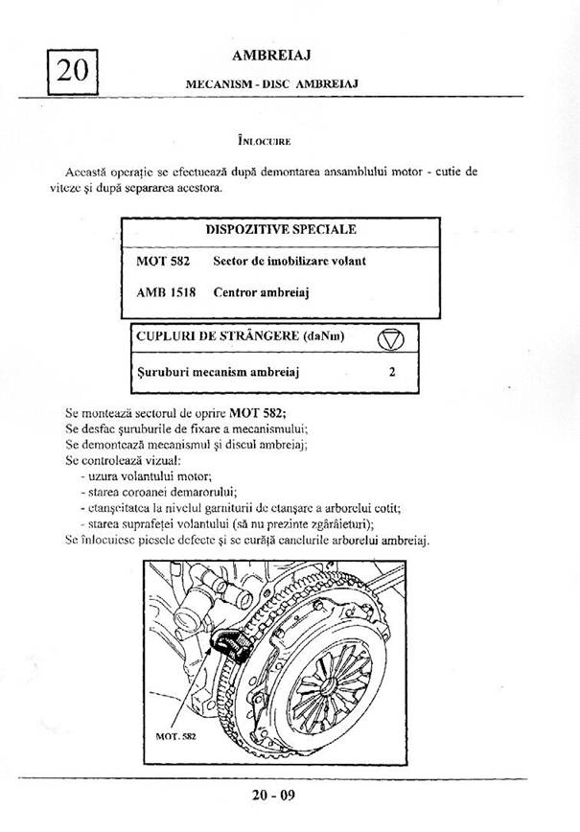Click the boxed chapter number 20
point(72,70)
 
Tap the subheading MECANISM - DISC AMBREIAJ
point(271,83)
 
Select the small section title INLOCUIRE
point(266,141)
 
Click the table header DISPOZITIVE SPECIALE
point(281,230)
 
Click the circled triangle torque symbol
point(392,338)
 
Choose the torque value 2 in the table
point(392,372)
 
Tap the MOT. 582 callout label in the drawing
point(175,737)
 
